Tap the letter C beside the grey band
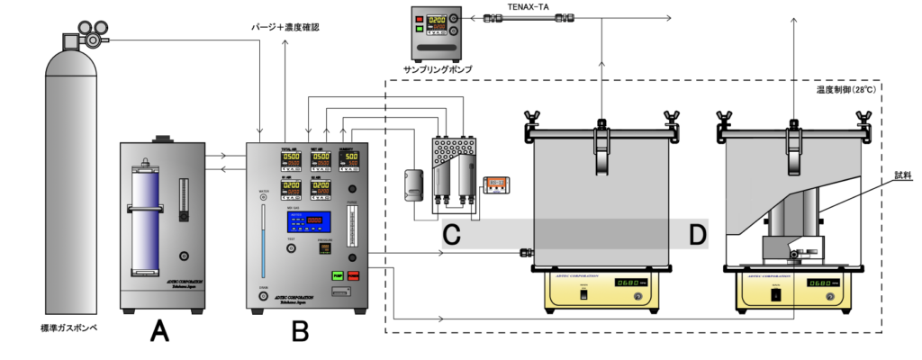(x=453, y=235)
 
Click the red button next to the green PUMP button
(x=353, y=274)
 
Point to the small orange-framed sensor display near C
(x=497, y=184)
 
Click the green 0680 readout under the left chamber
(x=627, y=282)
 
